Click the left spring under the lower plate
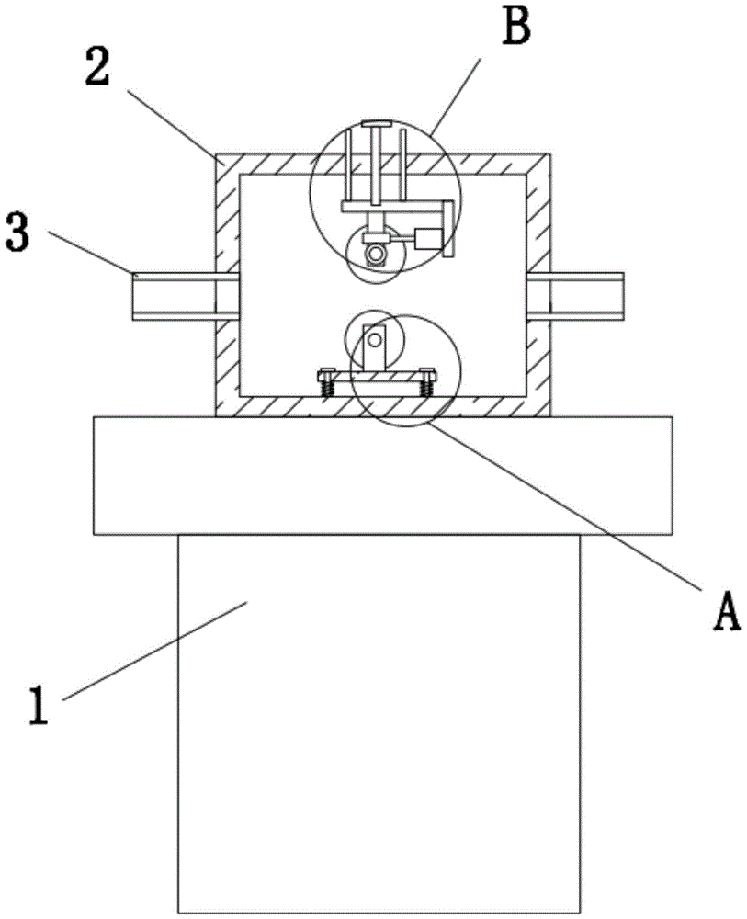point(326,388)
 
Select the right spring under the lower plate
point(425,388)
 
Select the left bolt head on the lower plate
point(326,372)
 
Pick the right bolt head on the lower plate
point(425,372)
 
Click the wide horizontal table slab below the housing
point(382,475)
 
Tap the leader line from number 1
point(156,648)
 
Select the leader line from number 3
point(87,253)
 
